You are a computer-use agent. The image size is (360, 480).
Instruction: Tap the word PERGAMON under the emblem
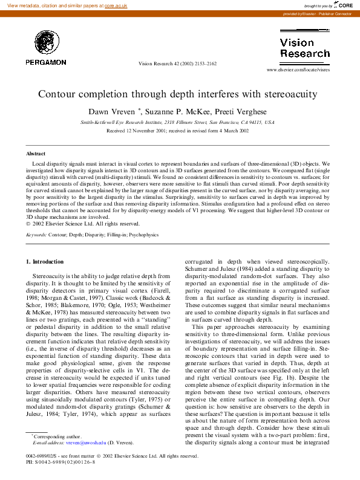tap(46, 62)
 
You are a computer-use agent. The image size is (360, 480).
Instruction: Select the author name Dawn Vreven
tap(112, 111)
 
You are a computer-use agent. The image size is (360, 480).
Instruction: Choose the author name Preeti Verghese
tap(246, 111)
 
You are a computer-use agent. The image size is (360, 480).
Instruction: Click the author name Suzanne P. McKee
tap(179, 111)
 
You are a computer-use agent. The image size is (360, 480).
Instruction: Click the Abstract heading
tap(36, 154)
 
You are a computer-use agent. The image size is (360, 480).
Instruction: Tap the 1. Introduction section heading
tap(45, 261)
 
